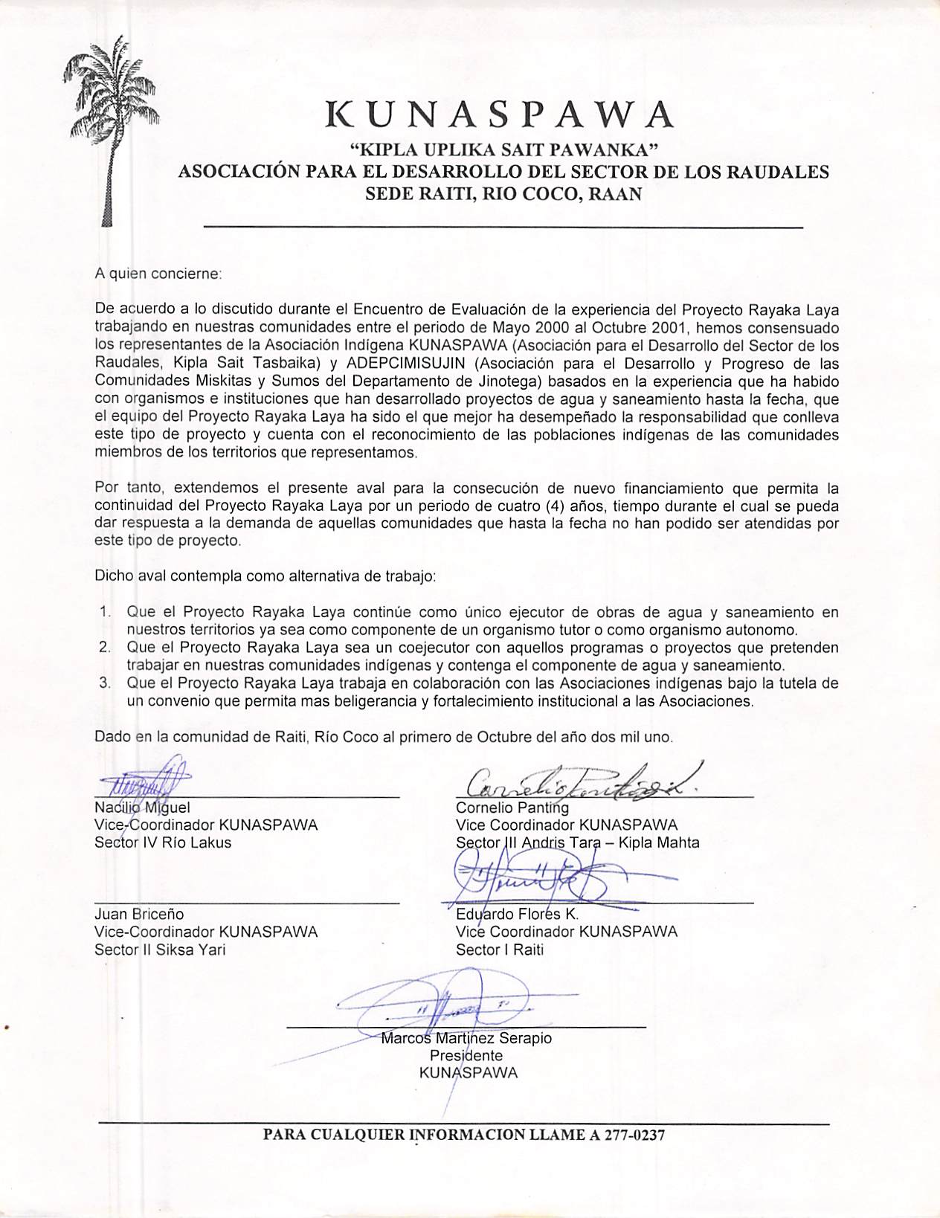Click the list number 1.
103,613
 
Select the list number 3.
103,683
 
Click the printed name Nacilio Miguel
143,808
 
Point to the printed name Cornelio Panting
512,808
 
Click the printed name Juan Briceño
139,914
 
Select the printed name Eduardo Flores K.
517,914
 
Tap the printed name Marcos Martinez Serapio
466,1038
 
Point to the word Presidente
466,1056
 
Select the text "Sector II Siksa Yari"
160,950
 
